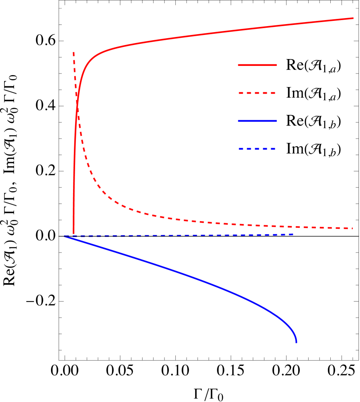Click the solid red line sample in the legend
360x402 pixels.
(257, 65)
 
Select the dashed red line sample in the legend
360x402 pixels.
(257, 93)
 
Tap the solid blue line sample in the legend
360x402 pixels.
(257, 121)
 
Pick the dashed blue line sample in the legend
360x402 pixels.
(257, 149)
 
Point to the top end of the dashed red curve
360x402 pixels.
(73, 53)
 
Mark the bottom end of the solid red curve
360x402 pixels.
(73, 234)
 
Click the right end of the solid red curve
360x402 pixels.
(353, 18)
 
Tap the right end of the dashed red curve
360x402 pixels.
(352, 228)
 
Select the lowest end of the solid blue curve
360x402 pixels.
(297, 343)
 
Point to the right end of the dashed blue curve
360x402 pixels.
(293, 234)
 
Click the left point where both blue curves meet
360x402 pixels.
(65, 236)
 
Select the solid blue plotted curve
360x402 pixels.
(201, 282)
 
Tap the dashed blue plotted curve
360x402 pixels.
(201, 235)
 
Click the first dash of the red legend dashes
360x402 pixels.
(242, 93)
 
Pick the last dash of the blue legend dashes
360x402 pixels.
(272, 149)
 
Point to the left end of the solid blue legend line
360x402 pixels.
(238, 121)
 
